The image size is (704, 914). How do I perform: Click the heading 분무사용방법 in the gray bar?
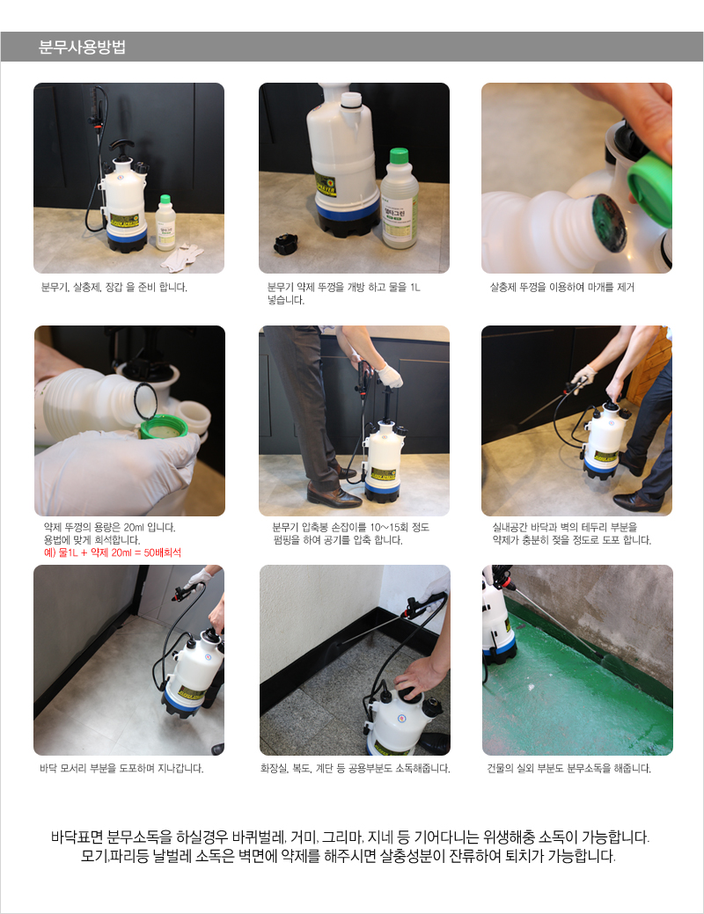point(82,47)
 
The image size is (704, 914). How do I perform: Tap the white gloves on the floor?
point(182,257)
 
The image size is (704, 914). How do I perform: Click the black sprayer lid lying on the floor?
point(286,243)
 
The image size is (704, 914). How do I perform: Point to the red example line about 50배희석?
point(113,552)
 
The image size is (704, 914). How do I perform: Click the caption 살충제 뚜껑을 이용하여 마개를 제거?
point(561,288)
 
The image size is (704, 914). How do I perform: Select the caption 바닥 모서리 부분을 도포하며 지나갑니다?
point(121,768)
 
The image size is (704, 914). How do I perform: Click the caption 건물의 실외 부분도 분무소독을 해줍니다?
point(568,768)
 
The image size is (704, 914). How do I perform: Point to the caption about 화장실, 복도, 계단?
point(356,768)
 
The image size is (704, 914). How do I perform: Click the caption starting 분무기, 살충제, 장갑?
point(114,288)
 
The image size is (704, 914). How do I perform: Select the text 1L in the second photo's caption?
point(414,288)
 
